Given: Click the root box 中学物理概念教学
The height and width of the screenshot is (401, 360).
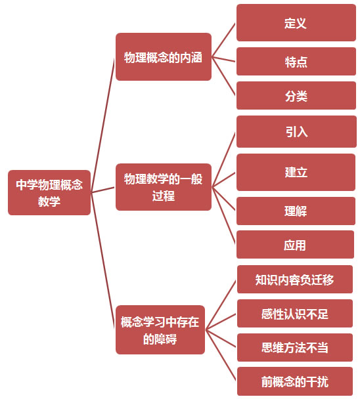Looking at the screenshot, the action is coord(49,192).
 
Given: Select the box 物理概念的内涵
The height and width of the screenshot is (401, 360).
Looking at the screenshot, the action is coord(164,57).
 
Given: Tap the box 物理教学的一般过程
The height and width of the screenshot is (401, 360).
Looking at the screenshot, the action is coord(164,187).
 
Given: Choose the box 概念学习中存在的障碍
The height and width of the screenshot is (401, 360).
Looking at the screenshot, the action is coord(160,329).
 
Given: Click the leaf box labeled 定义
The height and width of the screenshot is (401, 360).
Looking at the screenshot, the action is coord(296,22).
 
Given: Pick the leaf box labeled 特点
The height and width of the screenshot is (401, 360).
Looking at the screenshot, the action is coord(296,62).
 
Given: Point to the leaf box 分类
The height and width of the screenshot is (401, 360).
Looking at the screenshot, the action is coord(296,96).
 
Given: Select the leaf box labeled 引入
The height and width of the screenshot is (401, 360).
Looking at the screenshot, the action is coord(296,132).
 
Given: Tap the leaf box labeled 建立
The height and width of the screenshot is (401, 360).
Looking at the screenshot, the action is coord(296,172).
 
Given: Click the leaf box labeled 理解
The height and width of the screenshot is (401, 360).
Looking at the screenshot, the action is coord(296,211).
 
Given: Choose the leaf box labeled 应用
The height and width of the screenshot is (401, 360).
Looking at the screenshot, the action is coord(295,245).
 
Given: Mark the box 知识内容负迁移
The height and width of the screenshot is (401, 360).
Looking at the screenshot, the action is coord(295,280).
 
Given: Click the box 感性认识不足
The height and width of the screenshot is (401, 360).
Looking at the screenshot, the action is coord(295,314).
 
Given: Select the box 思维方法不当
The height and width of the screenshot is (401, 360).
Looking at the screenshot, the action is coord(295,347).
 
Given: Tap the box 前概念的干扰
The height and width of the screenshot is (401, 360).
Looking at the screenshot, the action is coord(295,381).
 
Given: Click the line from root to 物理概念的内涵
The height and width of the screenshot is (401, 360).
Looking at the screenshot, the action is coord(102,125).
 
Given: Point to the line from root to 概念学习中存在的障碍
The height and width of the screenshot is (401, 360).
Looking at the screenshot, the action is coord(102,261).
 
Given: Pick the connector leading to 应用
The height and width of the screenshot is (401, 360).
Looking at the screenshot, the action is coord(223,215).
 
